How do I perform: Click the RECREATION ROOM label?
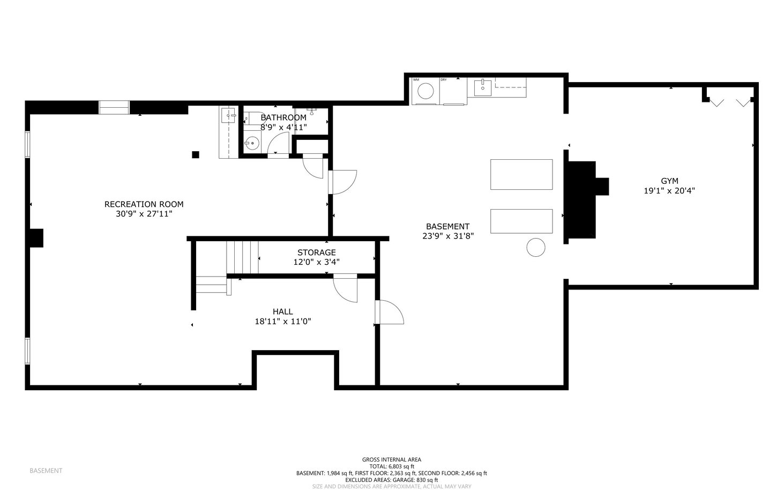tap(144, 204)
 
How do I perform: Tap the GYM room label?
tap(669, 181)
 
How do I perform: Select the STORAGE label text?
tap(316, 253)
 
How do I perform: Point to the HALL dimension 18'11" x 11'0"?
tap(283, 322)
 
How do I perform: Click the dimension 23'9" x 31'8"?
tap(448, 236)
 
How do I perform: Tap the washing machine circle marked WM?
tap(425, 91)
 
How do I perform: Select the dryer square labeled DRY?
tap(453, 91)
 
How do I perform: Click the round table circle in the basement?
tap(536, 247)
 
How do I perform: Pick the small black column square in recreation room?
tap(195, 154)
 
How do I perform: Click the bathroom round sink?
tap(251, 143)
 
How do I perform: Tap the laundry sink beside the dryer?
tap(483, 87)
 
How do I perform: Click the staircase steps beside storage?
tap(242, 257)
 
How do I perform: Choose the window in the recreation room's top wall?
tap(114, 108)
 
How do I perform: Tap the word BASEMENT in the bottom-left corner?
tap(46, 471)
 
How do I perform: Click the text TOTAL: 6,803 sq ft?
tap(392, 466)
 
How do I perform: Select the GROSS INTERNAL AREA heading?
tap(392, 460)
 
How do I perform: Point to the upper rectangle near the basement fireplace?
tap(521, 174)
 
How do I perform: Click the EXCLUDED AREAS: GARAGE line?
tap(392, 480)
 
